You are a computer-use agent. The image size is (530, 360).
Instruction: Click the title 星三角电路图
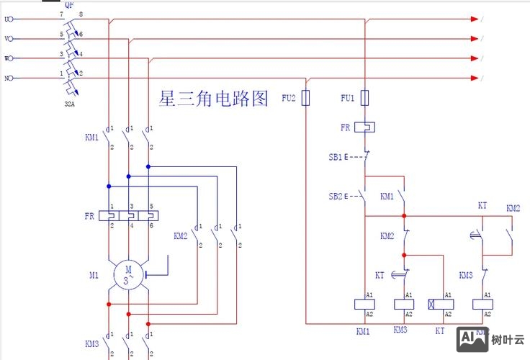(x=214, y=99)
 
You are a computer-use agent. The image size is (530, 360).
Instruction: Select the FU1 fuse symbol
(x=365, y=98)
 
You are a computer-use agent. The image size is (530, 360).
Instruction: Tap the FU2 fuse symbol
(x=305, y=98)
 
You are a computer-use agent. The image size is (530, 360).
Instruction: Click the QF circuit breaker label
(x=69, y=4)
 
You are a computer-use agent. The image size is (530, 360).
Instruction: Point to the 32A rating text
(x=69, y=103)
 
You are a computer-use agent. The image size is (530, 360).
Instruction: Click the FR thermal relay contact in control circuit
(x=365, y=127)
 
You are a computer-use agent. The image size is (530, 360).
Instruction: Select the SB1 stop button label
(x=335, y=156)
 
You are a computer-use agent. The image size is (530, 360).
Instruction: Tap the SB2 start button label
(x=335, y=196)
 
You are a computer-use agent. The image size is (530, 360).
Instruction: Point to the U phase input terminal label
(x=8, y=19)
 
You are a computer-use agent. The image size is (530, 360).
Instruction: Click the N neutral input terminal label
(x=8, y=78)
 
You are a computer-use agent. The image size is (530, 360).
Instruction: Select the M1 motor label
(x=94, y=275)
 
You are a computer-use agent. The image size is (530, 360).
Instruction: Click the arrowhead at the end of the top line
(x=475, y=19)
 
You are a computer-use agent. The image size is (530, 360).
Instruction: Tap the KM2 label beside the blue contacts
(x=180, y=235)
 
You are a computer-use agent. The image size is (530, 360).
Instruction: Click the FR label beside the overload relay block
(x=89, y=215)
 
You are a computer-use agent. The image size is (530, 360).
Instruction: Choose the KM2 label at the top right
(x=513, y=208)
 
